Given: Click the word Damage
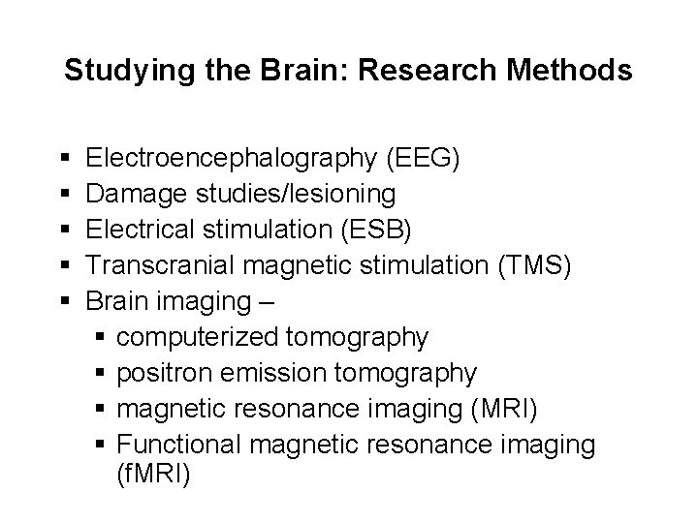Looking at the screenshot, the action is tap(136, 195).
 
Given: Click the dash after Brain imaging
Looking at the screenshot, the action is tap(267, 300).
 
